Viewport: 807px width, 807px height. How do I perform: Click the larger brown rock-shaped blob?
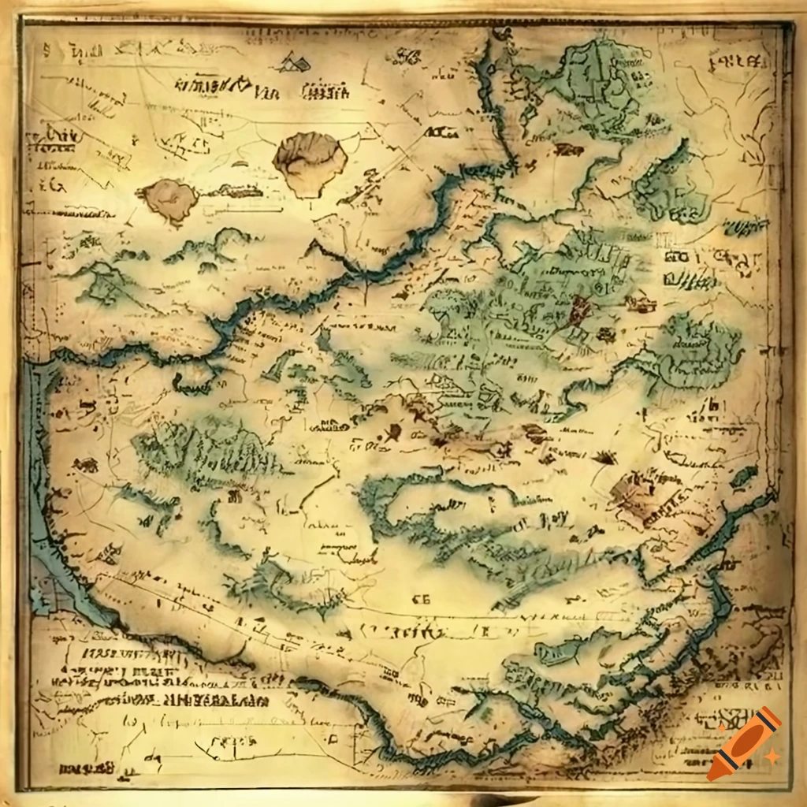(310, 163)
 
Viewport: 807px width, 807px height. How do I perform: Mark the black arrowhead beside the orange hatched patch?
(605, 456)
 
